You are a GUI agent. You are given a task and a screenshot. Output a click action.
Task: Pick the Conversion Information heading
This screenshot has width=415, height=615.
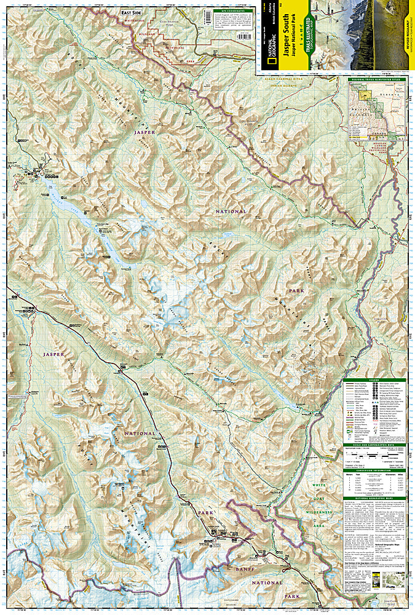[375, 470]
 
